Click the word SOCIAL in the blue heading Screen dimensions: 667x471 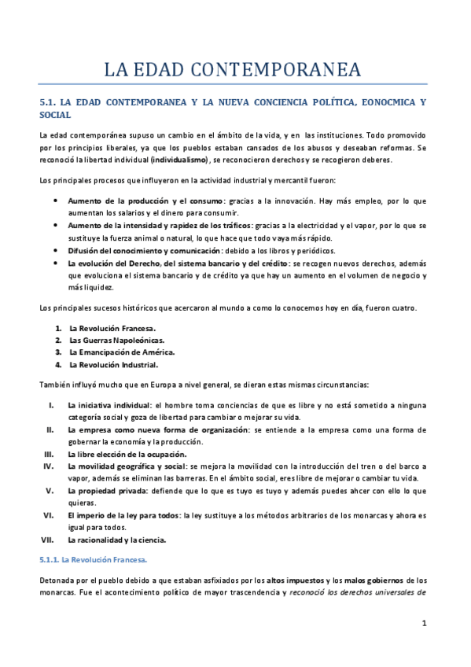[x=55, y=115]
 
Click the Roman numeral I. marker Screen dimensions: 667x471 [x=50, y=404]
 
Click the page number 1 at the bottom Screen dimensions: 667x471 [x=424, y=624]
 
